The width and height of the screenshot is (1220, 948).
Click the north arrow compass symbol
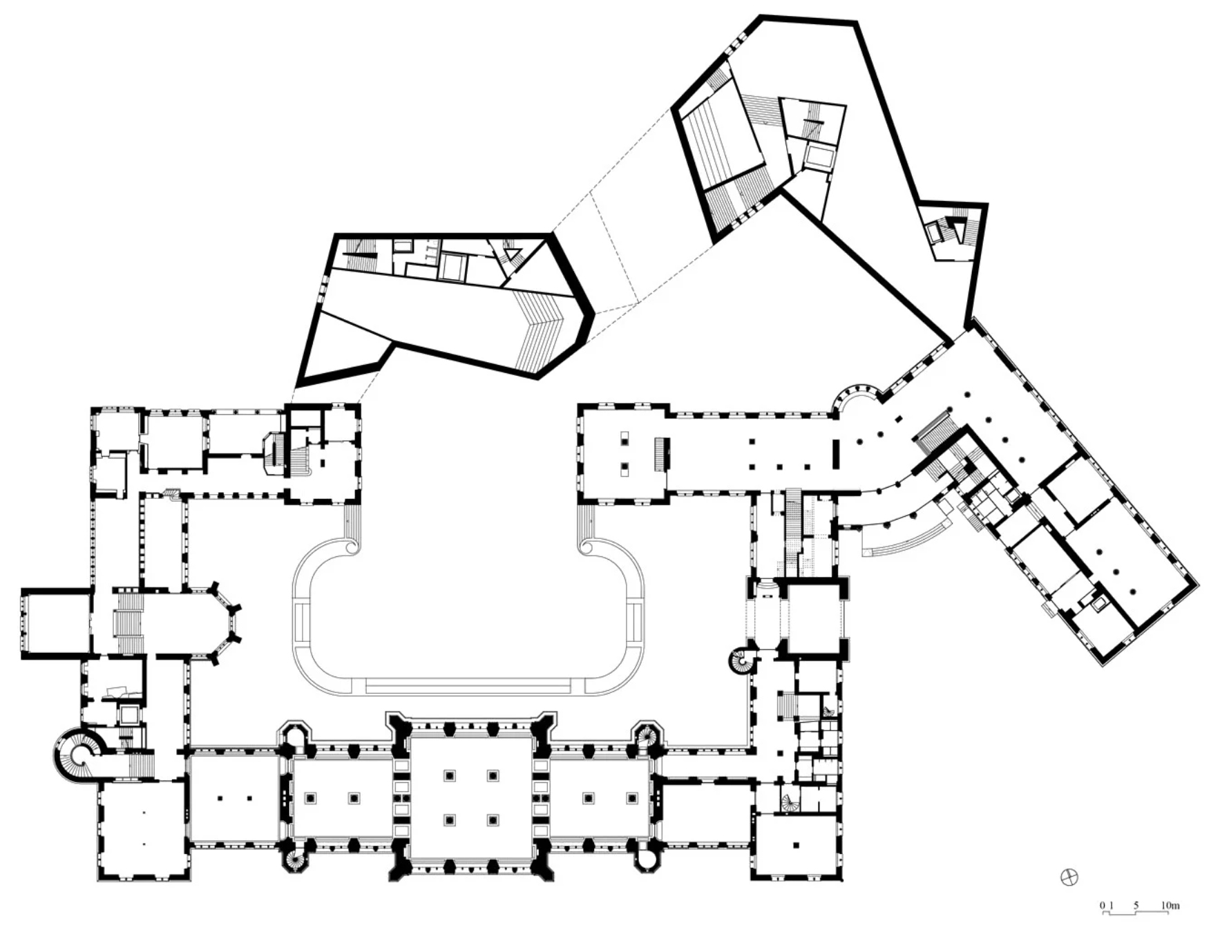pos(1069,878)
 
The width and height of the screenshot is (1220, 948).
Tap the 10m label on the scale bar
pos(1170,905)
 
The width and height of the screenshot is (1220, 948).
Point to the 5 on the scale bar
pos(1136,905)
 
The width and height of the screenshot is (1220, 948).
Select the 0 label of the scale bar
pos(1103,905)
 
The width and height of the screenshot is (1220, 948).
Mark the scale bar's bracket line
pos(1136,913)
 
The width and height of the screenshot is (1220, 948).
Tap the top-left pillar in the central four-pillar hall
pos(450,776)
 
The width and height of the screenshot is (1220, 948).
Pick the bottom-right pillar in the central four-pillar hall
pos(493,820)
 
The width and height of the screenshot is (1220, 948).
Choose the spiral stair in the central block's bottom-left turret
pos(295,860)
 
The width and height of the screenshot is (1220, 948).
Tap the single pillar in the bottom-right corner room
pos(797,844)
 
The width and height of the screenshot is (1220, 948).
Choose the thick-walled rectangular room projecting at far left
pos(56,623)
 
